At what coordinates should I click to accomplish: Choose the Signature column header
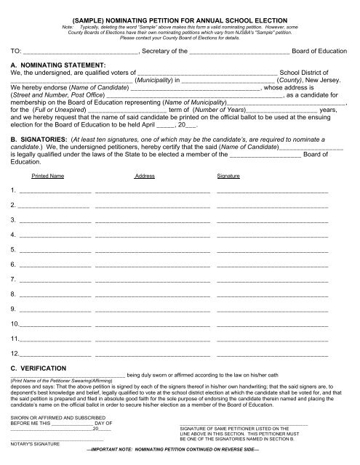230,176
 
